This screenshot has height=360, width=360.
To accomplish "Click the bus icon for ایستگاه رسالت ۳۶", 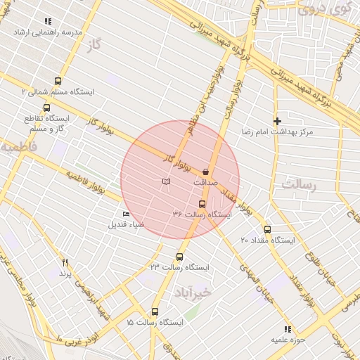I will click(x=202, y=204).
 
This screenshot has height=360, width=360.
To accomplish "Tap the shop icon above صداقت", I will click(x=205, y=171).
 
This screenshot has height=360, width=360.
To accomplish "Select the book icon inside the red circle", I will click(x=166, y=182).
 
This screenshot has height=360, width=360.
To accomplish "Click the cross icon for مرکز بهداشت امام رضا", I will click(x=277, y=121).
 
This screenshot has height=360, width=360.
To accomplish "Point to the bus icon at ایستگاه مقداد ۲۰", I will click(x=266, y=229).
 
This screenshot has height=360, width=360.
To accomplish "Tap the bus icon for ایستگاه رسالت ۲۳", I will click(x=180, y=257).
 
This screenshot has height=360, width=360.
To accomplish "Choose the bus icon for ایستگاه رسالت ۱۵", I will click(x=155, y=311).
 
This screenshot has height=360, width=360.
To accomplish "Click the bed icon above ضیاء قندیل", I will click(x=126, y=214).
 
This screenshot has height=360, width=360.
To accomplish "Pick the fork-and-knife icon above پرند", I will click(x=65, y=262).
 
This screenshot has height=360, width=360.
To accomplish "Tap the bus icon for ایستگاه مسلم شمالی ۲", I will click(x=57, y=81).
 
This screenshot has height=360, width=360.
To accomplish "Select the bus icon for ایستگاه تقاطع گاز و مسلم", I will click(x=46, y=108).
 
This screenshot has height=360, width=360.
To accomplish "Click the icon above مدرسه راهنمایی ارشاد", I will click(x=48, y=22).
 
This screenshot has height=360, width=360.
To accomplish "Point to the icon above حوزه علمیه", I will click(x=287, y=328).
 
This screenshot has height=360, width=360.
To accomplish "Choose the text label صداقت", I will click(x=205, y=181).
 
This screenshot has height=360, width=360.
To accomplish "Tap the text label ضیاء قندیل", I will click(x=126, y=225).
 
